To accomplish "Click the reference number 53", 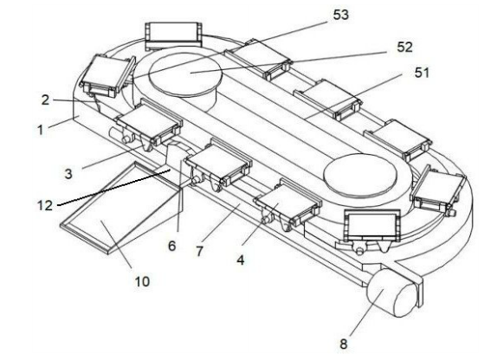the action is pos(340,15).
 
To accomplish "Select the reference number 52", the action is pos(404,47).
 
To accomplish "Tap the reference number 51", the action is pos(422,73).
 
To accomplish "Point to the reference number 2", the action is pos(46,100).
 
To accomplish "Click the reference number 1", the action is pos(40,130).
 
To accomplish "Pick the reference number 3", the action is pos(68,174).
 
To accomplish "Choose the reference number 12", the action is pos(44,206).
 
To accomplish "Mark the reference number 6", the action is pos(172,246).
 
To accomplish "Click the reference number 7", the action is pos(199,251).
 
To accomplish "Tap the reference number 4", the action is pos(241,260).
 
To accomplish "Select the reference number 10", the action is pos(142,282).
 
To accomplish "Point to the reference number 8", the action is pos(344,344).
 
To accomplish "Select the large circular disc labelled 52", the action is pos(185,74).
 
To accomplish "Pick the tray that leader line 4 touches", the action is pos(288,202).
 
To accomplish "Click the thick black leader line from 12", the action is pos(114,188).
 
